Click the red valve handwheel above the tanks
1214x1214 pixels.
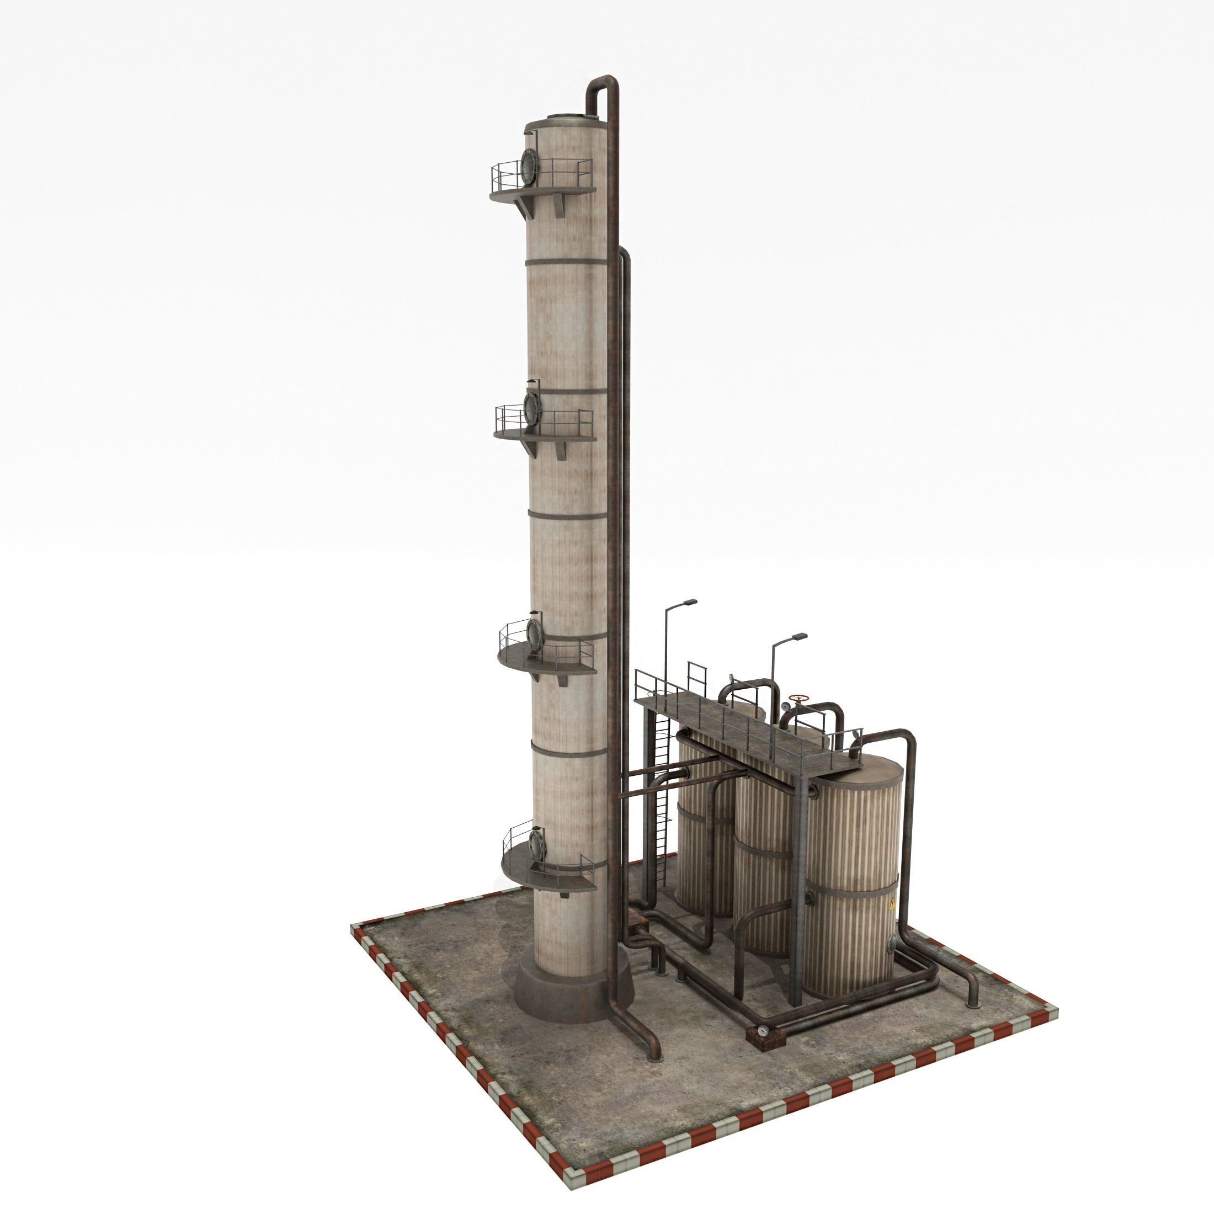coord(798,699)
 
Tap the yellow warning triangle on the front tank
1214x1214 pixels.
coord(892,906)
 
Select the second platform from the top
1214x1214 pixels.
coord(544,434)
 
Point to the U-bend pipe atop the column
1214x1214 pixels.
coord(603,85)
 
